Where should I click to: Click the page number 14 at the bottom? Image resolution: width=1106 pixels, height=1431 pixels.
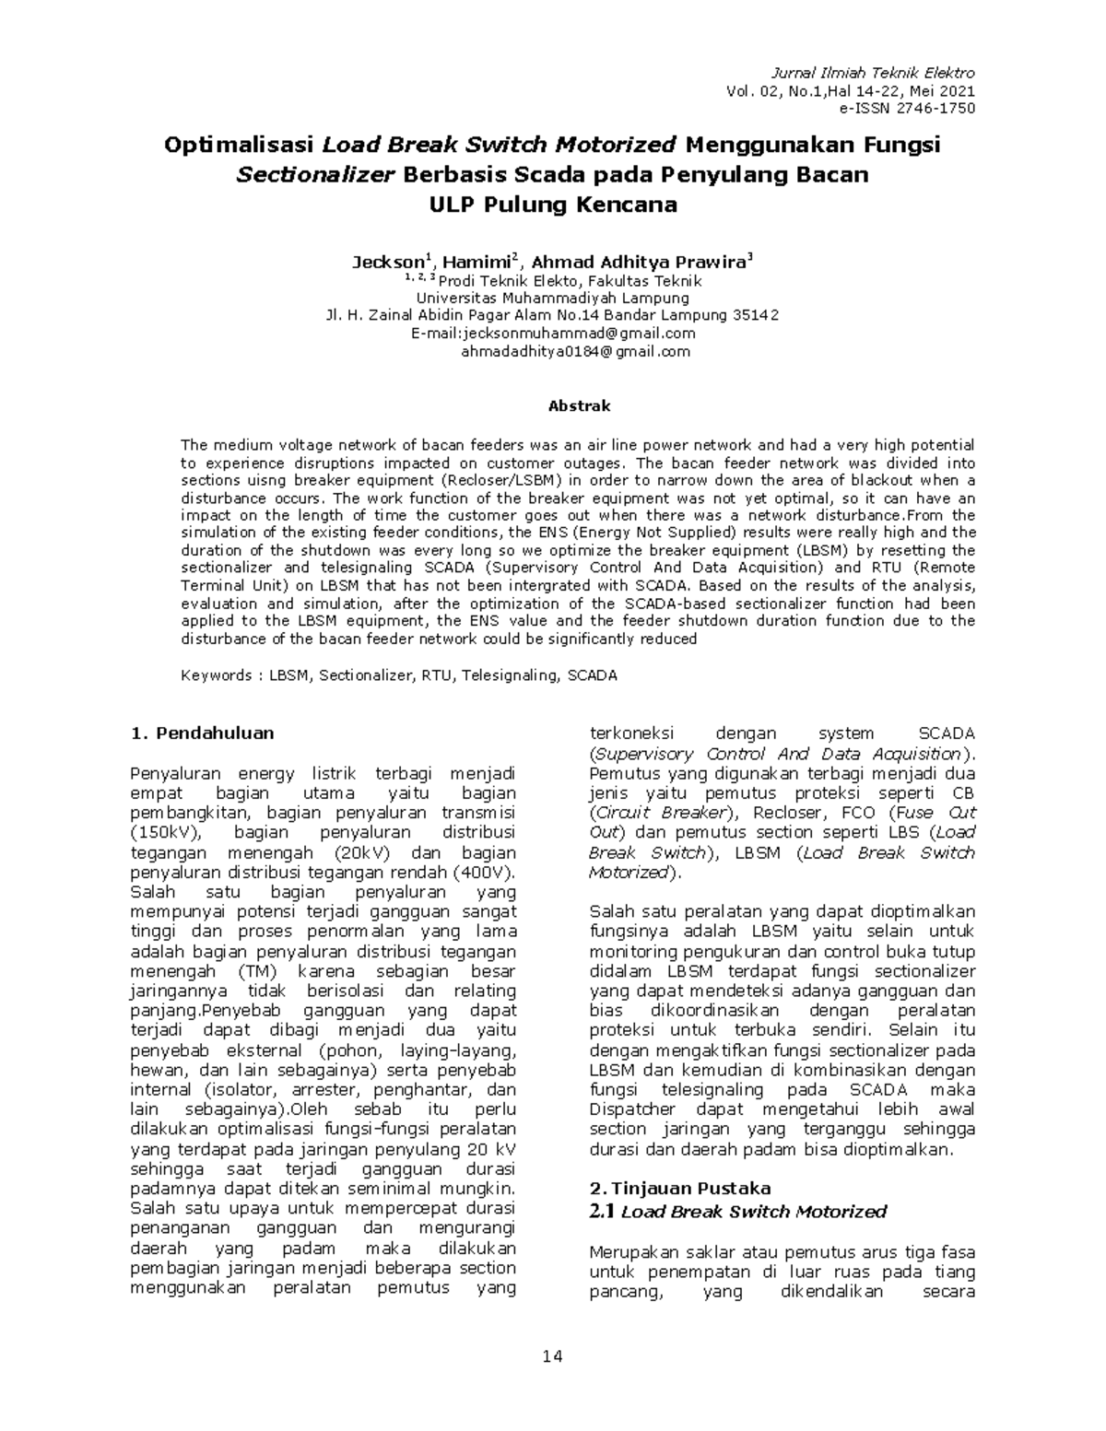553,1356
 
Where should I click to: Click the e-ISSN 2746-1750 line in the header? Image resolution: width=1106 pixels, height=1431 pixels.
905,109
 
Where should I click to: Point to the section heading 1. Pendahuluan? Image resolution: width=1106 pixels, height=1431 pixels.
203,733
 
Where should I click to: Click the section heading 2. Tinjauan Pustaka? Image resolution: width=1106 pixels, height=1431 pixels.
679,1188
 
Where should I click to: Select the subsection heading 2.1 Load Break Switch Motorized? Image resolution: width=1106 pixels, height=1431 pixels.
737,1211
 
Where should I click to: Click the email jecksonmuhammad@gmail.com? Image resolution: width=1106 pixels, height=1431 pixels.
580,334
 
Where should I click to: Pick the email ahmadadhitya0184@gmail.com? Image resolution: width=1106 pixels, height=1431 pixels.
575,351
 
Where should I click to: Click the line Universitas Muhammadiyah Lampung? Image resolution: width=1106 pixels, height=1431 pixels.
553,299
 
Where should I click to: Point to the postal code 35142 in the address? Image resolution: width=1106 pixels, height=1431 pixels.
756,316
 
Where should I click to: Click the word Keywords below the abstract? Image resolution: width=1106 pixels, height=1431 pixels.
217,675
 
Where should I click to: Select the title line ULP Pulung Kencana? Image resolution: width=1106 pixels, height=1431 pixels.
553,205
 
